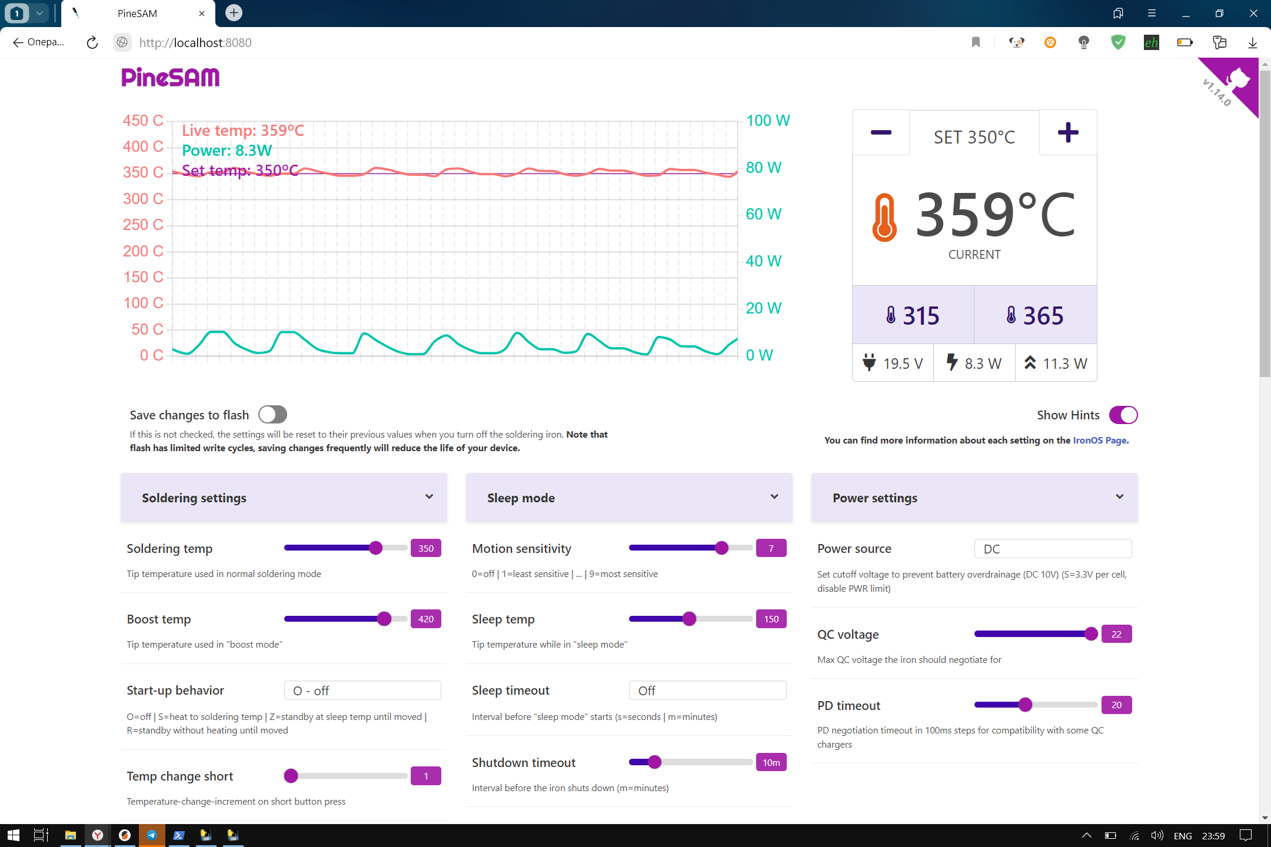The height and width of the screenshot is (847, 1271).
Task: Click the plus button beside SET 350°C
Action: (1067, 133)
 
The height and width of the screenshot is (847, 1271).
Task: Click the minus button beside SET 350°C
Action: (880, 133)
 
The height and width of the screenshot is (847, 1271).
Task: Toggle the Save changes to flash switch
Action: (272, 415)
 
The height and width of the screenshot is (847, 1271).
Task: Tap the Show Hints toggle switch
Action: (1123, 415)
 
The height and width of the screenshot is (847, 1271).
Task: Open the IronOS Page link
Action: (1099, 440)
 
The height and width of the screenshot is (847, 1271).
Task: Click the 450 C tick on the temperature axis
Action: (143, 121)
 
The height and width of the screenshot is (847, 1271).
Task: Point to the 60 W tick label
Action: (763, 214)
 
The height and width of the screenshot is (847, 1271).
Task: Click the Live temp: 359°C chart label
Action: (242, 131)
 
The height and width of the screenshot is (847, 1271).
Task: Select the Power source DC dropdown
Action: (1052, 549)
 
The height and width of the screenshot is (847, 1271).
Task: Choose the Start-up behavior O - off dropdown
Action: (362, 691)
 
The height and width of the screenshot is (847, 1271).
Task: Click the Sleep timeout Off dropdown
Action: (707, 691)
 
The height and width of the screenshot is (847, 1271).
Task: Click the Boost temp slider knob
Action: (384, 619)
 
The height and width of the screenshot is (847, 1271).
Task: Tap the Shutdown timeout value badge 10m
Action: (771, 762)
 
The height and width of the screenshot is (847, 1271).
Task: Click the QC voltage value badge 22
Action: (1116, 634)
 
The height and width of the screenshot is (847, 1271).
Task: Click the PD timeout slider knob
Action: (1025, 705)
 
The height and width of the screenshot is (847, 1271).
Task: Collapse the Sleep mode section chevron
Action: (774, 497)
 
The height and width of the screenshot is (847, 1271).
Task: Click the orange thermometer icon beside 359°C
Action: (884, 217)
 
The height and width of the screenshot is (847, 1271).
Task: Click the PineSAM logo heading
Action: (171, 77)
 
